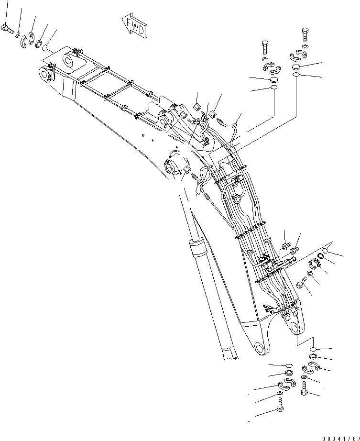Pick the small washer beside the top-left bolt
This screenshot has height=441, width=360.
pos(18,34)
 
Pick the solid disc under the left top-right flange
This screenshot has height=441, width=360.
pos(273,80)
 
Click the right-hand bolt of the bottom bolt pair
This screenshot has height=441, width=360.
pos(305,388)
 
